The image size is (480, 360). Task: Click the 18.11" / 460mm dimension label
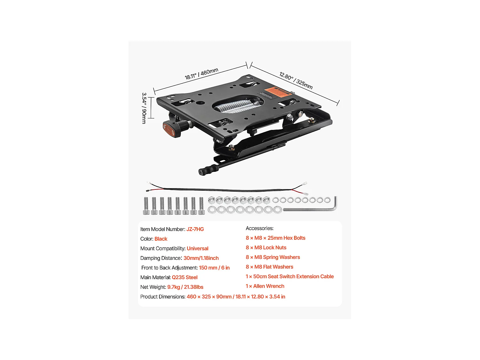201,74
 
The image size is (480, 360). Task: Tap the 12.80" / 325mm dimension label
296,80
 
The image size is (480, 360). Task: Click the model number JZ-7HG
195,229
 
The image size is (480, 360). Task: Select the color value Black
161,239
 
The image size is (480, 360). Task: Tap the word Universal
197,248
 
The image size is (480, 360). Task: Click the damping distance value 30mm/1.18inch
201,258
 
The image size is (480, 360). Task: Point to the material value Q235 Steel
185,277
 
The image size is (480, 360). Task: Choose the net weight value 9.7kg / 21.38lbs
185,287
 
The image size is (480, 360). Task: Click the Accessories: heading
260,228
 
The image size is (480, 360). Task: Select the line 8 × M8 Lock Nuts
266,247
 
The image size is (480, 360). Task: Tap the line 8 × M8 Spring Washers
273,257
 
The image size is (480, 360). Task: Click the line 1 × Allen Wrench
265,286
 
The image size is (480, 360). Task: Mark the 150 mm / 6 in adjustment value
214,268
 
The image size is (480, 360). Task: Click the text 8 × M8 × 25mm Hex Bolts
276,238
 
